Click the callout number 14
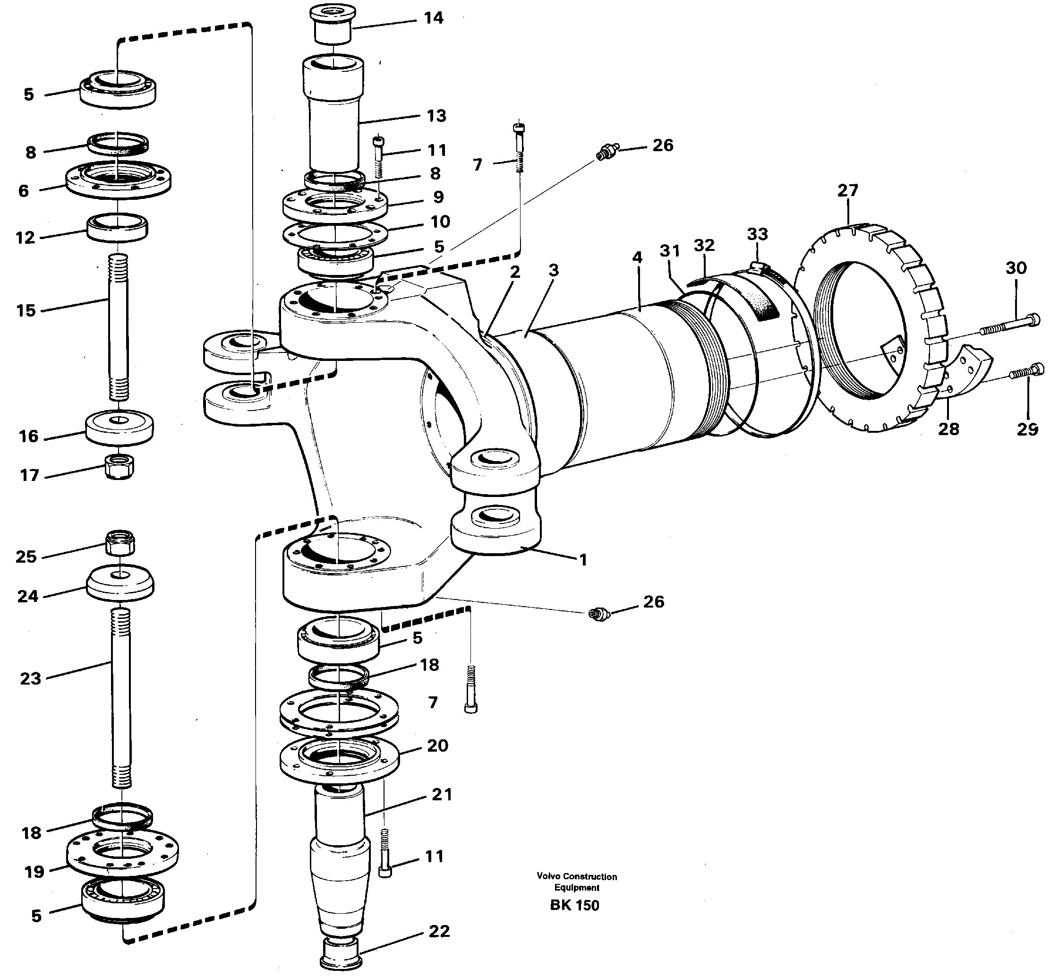(x=433, y=18)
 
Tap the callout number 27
(x=847, y=190)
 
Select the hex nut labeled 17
(x=120, y=467)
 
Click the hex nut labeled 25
(x=120, y=542)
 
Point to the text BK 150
(x=574, y=905)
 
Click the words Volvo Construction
(x=577, y=876)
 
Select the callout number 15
(x=26, y=310)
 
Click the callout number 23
(x=30, y=678)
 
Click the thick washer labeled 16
(x=120, y=428)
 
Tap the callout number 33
(x=757, y=234)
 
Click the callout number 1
(x=583, y=560)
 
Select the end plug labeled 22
(x=341, y=959)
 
